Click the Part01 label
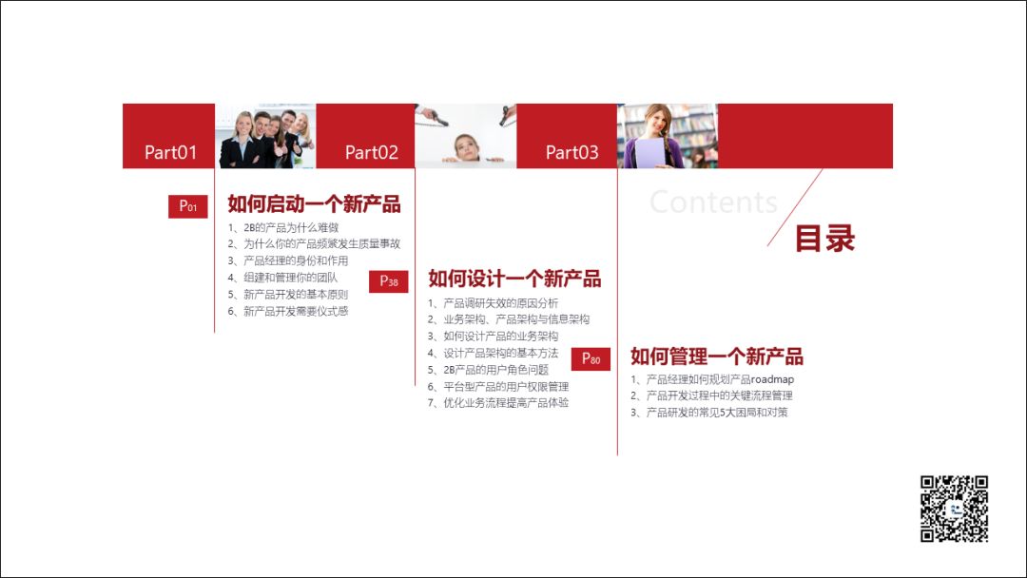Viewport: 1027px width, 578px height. coord(170,152)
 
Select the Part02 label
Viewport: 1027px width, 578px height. coord(371,152)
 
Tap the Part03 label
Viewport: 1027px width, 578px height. coord(572,152)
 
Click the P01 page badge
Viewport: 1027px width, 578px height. coord(188,206)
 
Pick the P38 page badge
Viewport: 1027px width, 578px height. coord(388,280)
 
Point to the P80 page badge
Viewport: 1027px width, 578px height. coord(591,358)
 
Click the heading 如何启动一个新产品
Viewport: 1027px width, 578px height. coord(314,204)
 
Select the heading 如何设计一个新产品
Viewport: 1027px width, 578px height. coord(514,279)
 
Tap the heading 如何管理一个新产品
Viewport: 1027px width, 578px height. coord(716,356)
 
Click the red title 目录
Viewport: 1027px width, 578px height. coord(824,239)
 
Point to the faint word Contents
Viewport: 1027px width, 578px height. coord(713,202)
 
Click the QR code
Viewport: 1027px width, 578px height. coord(954,509)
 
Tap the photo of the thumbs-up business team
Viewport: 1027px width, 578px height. coord(266,136)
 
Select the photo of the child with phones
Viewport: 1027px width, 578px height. coord(465,136)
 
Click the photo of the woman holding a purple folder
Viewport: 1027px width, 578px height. coord(667,136)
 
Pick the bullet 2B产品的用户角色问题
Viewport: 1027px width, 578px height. coord(495,370)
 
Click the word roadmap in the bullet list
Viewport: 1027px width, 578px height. coord(772,379)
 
